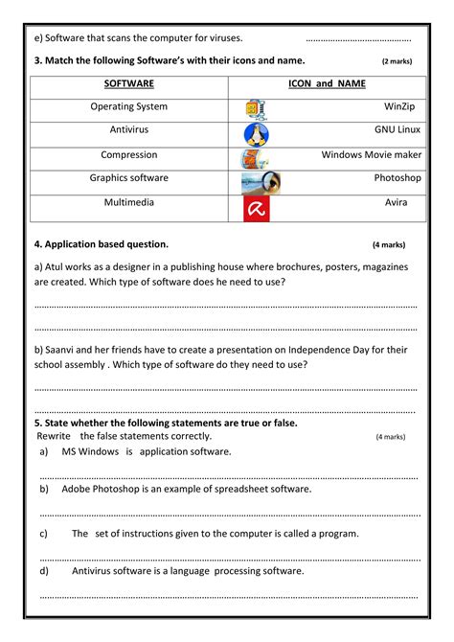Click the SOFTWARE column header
128,84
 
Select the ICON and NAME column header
327,84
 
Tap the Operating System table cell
128,107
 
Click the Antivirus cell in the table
128,128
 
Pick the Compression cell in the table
128,153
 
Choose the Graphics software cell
128,177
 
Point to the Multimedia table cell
128,202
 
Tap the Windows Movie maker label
371,153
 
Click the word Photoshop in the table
397,178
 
